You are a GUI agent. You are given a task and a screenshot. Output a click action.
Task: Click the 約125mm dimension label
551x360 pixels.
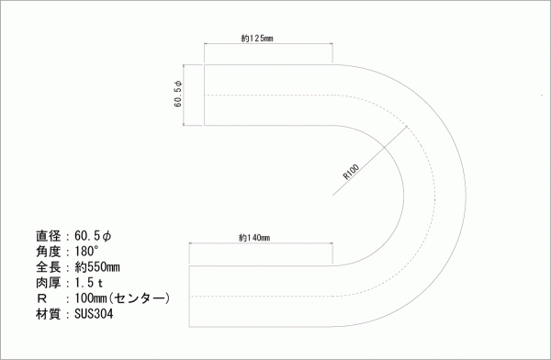coord(257,38)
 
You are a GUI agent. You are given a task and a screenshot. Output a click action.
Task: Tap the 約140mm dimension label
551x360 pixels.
coord(254,238)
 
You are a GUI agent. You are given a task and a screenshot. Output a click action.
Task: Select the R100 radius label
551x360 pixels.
coord(351,172)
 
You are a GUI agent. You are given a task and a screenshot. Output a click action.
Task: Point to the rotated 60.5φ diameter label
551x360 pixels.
coord(178,94)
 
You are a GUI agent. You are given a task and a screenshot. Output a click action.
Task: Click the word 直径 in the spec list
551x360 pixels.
coord(49,236)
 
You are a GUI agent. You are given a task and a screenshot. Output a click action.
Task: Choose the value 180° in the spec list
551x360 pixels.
coord(86,252)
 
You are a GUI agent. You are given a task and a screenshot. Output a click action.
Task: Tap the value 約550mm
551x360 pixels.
coord(97,267)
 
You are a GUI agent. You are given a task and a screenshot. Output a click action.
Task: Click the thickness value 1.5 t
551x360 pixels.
coord(88,283)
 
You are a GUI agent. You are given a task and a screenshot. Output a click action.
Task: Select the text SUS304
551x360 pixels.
coord(94,313)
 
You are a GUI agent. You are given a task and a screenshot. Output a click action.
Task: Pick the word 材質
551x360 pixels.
coord(49,313)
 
